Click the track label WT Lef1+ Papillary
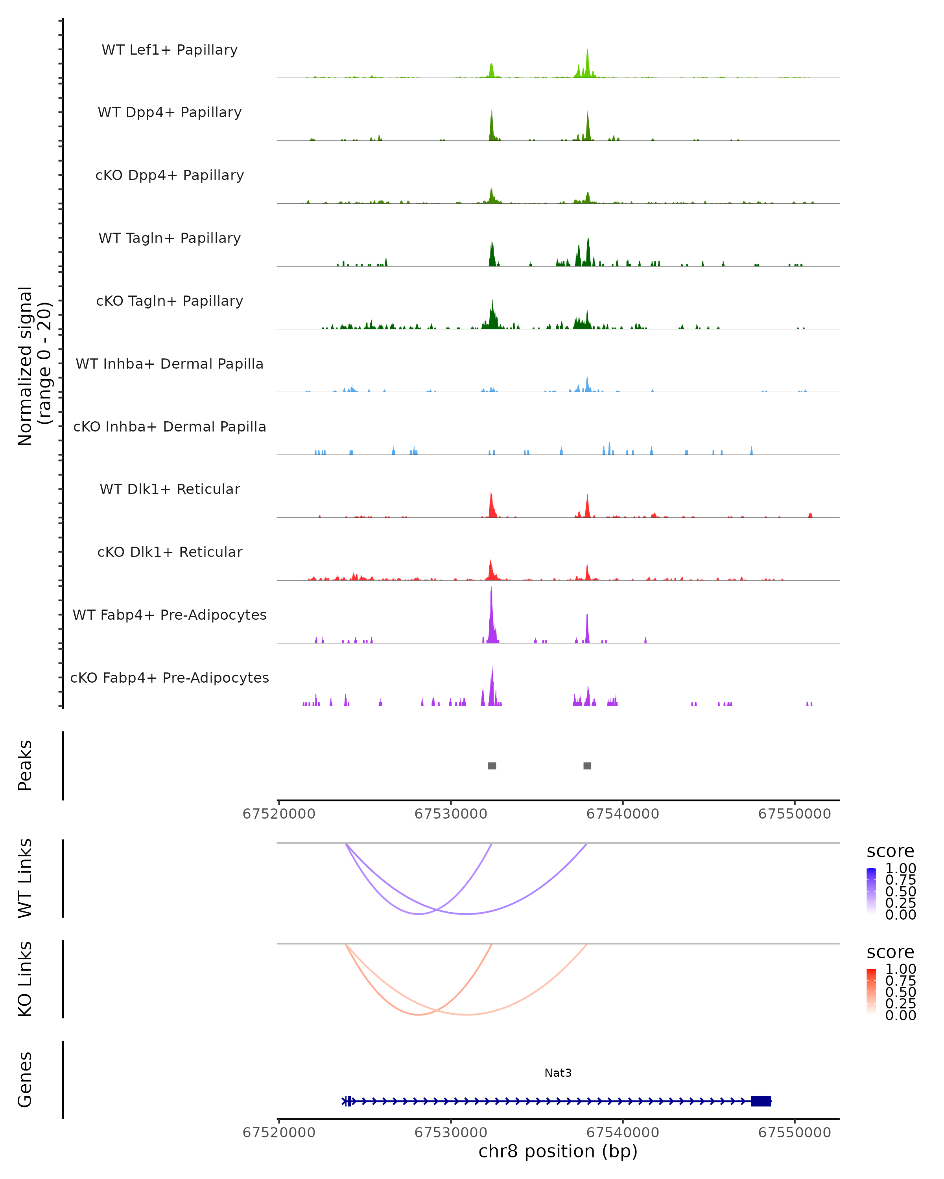click(x=170, y=50)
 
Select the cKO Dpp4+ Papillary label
click(x=170, y=176)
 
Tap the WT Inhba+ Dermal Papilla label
click(x=170, y=364)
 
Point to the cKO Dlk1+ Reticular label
click(x=170, y=552)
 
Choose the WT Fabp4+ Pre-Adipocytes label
click(x=170, y=615)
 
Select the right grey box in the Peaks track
click(x=587, y=766)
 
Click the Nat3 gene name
click(x=558, y=1073)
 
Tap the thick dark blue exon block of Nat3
click(x=761, y=1101)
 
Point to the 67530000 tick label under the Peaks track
click(x=451, y=814)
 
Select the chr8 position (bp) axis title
click(x=558, y=1151)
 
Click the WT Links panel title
click(x=25, y=878)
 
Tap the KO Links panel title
click(x=25, y=979)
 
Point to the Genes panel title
click(x=25, y=1080)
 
